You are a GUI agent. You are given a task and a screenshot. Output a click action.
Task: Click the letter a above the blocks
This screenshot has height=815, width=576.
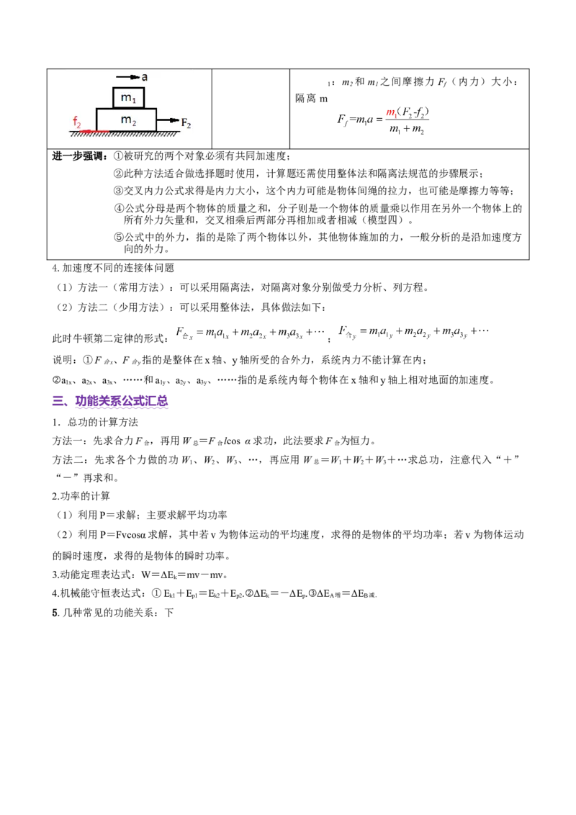(145, 76)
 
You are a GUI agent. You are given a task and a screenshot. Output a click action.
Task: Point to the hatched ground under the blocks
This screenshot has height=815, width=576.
(130, 135)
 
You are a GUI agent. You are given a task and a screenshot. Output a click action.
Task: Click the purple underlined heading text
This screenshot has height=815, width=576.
(122, 402)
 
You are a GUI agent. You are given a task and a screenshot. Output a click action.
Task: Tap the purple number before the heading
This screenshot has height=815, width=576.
(60, 402)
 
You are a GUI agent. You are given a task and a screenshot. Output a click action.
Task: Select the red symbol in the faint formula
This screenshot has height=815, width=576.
(391, 112)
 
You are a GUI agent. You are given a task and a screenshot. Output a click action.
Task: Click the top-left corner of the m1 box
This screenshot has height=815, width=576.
(113, 87)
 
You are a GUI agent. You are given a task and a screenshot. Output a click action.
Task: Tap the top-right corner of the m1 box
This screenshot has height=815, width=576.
(145, 87)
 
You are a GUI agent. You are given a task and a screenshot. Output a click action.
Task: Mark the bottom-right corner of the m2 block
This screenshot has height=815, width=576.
(156, 131)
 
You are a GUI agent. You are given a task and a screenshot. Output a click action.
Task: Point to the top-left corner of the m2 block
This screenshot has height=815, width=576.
(96, 109)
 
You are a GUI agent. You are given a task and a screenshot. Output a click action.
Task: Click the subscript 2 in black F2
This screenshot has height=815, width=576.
(189, 127)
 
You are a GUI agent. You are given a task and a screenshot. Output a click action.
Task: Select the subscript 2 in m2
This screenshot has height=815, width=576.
(134, 122)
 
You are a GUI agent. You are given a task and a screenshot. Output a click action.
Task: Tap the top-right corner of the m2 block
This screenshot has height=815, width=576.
(156, 109)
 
